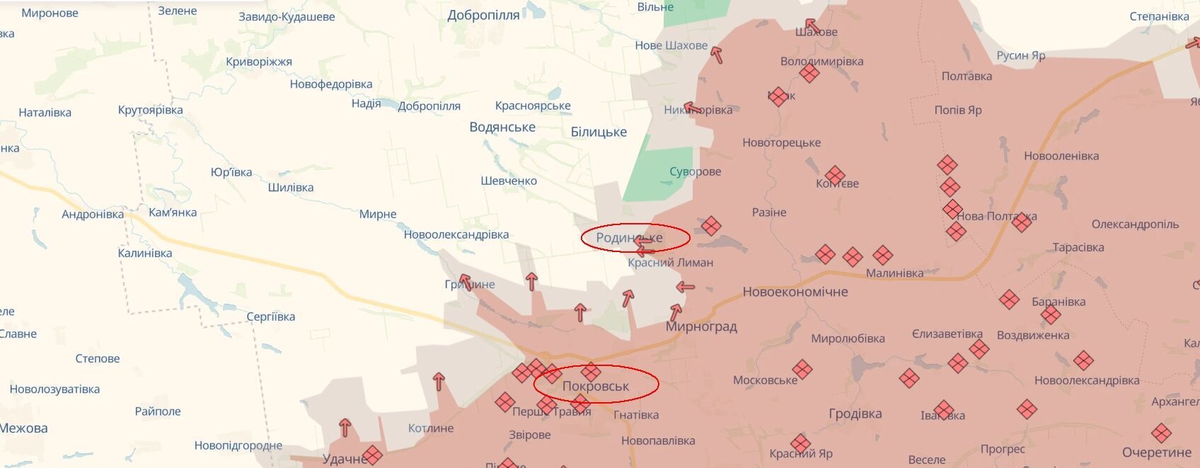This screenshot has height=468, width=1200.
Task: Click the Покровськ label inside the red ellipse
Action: (596, 386)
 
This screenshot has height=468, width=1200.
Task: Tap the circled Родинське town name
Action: (629, 238)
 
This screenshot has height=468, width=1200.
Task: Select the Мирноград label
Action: (701, 326)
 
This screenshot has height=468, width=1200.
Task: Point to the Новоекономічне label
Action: (795, 292)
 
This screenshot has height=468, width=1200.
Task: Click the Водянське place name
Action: (502, 127)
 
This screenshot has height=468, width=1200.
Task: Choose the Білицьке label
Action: (599, 132)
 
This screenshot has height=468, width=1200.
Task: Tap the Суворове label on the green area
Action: (696, 171)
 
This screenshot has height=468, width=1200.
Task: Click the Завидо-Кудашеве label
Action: (287, 16)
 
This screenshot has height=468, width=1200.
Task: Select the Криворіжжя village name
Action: (259, 62)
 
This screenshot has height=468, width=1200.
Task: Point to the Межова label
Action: (24, 428)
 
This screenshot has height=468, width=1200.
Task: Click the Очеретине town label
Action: (1157, 452)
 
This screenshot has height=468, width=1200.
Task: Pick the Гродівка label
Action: (855, 413)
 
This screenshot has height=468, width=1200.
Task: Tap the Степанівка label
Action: (1159, 16)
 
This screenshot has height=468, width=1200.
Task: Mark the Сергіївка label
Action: (271, 316)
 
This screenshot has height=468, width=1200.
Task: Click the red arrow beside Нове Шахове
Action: (717, 54)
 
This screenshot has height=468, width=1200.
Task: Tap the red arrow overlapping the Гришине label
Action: (465, 282)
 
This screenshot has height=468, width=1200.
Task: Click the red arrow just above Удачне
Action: (345, 428)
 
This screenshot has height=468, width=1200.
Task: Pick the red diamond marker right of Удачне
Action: (373, 455)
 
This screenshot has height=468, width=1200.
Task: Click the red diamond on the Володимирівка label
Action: (809, 72)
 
